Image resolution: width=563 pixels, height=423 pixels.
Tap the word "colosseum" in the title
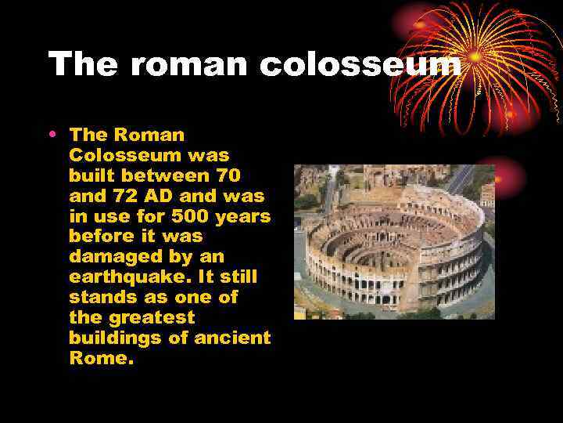tap(360, 64)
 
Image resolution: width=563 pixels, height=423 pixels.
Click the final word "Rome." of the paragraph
tap(102, 359)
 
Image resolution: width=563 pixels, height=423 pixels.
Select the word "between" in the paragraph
tap(161, 175)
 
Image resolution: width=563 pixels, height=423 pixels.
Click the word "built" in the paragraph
tap(89, 175)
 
